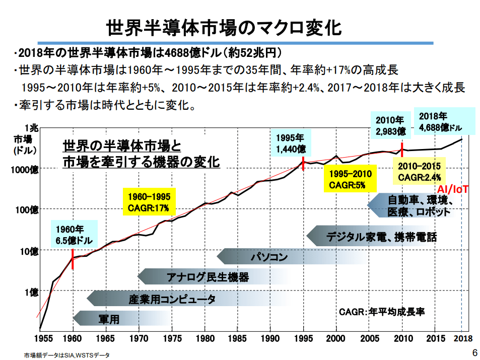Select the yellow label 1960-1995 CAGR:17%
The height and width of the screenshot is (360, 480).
point(149,201)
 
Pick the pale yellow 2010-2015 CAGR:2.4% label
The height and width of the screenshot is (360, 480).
point(419,171)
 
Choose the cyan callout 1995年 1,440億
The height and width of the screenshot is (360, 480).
point(291,143)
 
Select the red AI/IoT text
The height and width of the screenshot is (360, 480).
point(453,189)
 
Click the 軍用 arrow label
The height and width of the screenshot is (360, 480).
point(108,319)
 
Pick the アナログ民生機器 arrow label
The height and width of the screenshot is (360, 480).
point(208,276)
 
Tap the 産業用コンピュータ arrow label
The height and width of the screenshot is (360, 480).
point(172,299)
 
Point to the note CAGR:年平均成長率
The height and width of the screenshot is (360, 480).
point(382,312)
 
